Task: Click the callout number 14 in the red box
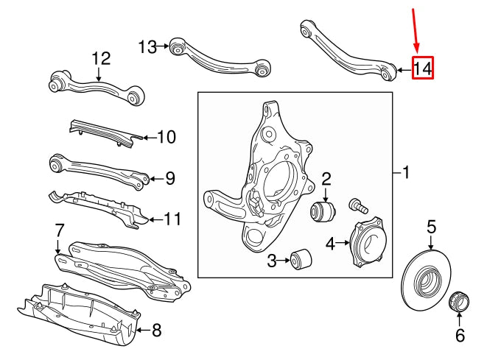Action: pyautogui.click(x=423, y=68)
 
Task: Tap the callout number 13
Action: pyautogui.click(x=147, y=47)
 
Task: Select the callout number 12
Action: pyautogui.click(x=100, y=57)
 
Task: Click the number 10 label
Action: pyautogui.click(x=167, y=137)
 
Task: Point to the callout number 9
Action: pyautogui.click(x=169, y=177)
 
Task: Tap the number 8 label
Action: pyautogui.click(x=155, y=330)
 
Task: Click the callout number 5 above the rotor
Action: pyautogui.click(x=432, y=227)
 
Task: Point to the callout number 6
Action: pyautogui.click(x=460, y=336)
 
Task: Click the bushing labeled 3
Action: pyautogui.click(x=301, y=259)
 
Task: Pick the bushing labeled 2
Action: pyautogui.click(x=325, y=211)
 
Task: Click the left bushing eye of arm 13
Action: pyautogui.click(x=176, y=49)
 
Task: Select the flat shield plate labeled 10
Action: pyautogui.click(x=103, y=133)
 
